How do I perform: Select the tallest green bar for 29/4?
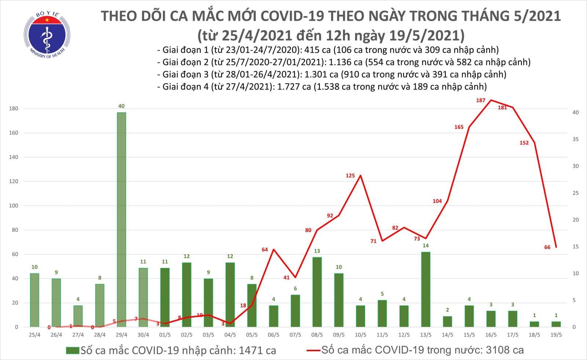tap(121, 219)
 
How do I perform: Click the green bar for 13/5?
tap(426, 289)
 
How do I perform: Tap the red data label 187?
tap(481, 100)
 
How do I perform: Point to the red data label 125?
tap(350, 175)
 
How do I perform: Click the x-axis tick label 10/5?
tap(360, 335)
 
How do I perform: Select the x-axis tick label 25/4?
tap(34, 335)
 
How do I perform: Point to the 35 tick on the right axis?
tap(576, 139)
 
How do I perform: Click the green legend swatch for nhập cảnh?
tap(73, 350)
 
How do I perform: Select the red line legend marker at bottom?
tap(313, 350)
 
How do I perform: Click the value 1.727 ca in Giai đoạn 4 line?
tap(296, 87)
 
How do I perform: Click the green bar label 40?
tap(121, 106)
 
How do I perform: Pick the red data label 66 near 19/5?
tap(547, 247)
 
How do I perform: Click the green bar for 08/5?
tap(317, 292)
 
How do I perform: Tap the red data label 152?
tap(524, 143)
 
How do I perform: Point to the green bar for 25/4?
tap(34, 300)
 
